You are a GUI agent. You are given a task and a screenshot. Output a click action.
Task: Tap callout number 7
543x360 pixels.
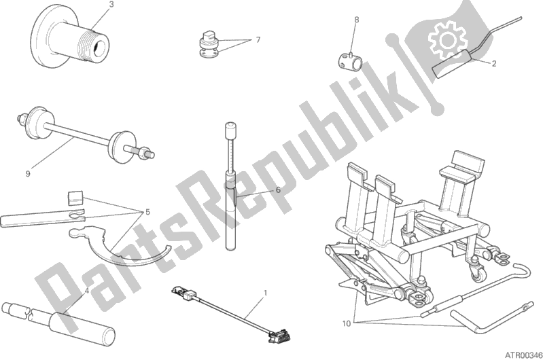258,40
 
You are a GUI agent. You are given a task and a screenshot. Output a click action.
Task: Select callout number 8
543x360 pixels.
356,20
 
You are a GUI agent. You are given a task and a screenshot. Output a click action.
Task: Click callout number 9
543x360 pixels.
28,174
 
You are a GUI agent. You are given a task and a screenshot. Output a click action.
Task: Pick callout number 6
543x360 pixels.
278,190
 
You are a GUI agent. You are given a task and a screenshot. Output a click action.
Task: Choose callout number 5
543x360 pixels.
147,212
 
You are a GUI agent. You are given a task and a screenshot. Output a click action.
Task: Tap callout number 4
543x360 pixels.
86,291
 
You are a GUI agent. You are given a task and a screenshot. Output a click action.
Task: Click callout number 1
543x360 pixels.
265,293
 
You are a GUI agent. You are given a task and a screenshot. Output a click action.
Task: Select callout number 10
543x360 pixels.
347,323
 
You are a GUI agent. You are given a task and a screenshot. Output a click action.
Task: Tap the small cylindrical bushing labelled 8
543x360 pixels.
349,59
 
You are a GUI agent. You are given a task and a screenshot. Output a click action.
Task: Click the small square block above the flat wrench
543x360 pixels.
75,198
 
